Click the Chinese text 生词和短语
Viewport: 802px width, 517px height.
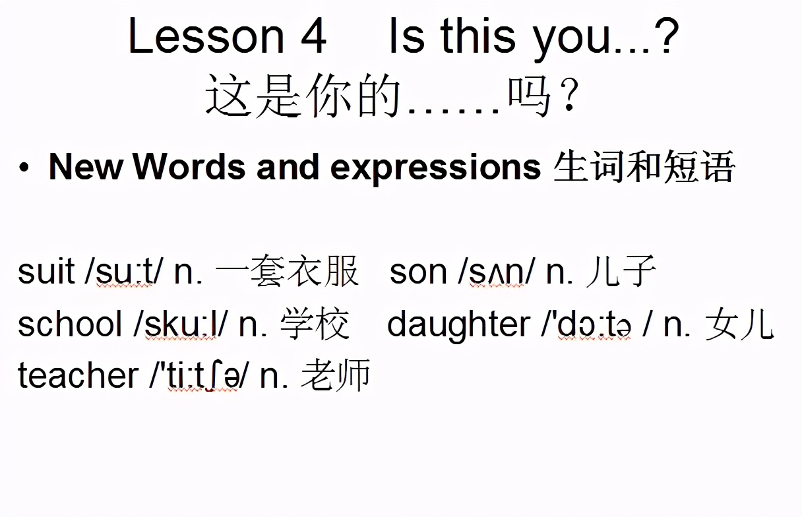coord(644,167)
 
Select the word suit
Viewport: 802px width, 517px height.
coord(46,272)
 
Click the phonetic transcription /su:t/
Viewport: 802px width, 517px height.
coord(124,272)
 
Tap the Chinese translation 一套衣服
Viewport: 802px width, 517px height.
coord(288,272)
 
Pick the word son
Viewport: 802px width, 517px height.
coord(419,272)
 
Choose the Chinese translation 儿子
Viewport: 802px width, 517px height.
coord(621,272)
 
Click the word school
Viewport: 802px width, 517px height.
coord(70,324)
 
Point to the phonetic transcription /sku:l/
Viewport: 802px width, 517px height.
coord(181,324)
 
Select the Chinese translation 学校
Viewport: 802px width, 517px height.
coord(315,324)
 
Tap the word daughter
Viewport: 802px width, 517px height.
coord(458,324)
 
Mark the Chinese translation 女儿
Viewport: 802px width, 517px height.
coord(739,324)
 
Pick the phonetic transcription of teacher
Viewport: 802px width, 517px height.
coord(200,375)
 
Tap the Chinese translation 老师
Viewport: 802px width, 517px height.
coord(336,375)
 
